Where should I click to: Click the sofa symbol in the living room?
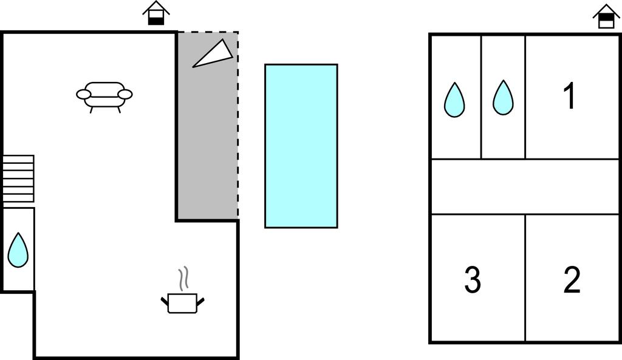tap(104, 96)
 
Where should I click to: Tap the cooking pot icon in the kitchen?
tap(182, 302)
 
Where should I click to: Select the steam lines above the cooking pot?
tap(183, 278)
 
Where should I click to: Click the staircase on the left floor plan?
tap(18, 178)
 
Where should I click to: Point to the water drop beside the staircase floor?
tap(18, 250)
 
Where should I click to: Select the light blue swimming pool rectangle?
tap(301, 146)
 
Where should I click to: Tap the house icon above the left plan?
tap(156, 13)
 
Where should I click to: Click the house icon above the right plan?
tap(606, 16)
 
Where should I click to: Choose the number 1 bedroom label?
tap(569, 96)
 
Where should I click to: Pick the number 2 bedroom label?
tap(572, 280)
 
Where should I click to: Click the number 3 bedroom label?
tap(473, 280)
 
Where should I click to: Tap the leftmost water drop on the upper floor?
tap(454, 100)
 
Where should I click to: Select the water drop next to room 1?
tap(503, 97)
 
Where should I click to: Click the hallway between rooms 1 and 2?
tap(525, 186)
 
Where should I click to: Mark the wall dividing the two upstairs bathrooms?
tap(482, 97)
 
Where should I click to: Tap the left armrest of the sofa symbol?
tap(83, 94)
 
